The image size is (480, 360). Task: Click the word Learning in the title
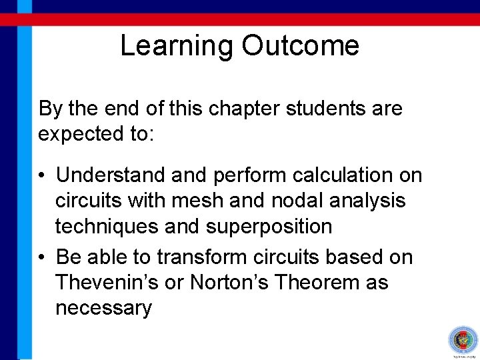pos(177,46)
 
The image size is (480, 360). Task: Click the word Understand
pos(111,175)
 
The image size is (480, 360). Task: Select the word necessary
pos(103,309)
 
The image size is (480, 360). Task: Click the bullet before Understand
pos(42,176)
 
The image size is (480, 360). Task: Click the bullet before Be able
pos(42,257)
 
